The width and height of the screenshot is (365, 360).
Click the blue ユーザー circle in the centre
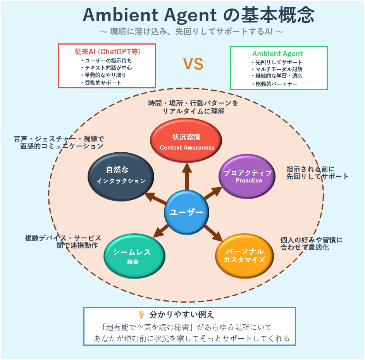pyautogui.click(x=186, y=212)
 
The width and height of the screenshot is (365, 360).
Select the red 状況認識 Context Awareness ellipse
pyautogui.click(x=186, y=140)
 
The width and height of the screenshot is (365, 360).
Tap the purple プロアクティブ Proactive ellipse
pyautogui.click(x=247, y=176)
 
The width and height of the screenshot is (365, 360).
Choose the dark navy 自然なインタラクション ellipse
pyautogui.click(x=121, y=176)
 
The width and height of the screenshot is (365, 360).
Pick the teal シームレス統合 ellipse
pyautogui.click(x=134, y=256)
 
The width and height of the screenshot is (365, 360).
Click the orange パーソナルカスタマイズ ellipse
pyautogui.click(x=244, y=256)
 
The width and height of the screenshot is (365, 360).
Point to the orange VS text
pyautogui.click(x=193, y=64)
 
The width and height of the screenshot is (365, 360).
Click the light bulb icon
pyautogui.click(x=141, y=314)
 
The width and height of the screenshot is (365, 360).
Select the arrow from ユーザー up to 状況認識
pyautogui.click(x=187, y=176)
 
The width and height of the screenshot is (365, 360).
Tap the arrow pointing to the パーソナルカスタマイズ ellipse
pyautogui.click(x=213, y=233)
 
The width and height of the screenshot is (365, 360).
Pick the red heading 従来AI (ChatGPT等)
pyautogui.click(x=108, y=52)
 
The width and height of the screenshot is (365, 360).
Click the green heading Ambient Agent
pyautogui.click(x=277, y=54)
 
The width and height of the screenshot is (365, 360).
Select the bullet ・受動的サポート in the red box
pyautogui.click(x=101, y=83)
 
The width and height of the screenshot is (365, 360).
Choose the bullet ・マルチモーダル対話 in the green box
pyautogui.click(x=277, y=69)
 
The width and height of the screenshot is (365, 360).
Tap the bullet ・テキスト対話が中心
pyautogui.click(x=106, y=68)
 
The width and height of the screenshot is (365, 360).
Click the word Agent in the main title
pyautogui.click(x=190, y=15)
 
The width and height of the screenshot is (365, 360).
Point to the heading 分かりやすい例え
pyautogui.click(x=182, y=314)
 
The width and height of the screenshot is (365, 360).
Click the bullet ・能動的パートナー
pyautogui.click(x=274, y=84)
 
